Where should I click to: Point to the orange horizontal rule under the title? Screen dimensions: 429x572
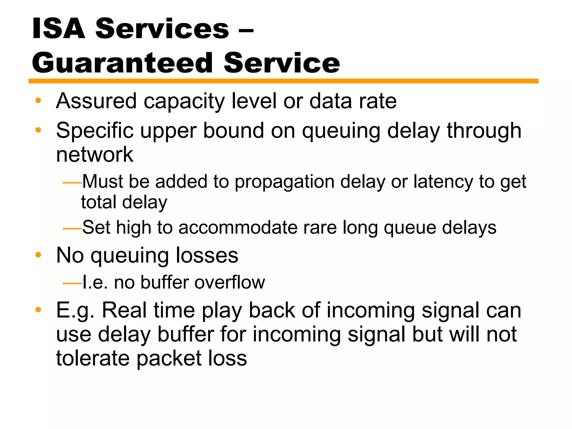click(x=283, y=81)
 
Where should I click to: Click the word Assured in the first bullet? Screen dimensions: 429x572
click(x=96, y=101)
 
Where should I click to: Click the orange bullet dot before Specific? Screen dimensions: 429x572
click(x=38, y=130)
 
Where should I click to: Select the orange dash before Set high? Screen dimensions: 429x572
click(x=72, y=229)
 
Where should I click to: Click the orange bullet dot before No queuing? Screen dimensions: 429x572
click(x=38, y=255)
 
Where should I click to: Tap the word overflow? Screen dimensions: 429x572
click(x=230, y=282)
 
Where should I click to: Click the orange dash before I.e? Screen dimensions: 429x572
click(x=72, y=284)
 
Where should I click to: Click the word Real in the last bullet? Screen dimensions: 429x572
click(x=124, y=310)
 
